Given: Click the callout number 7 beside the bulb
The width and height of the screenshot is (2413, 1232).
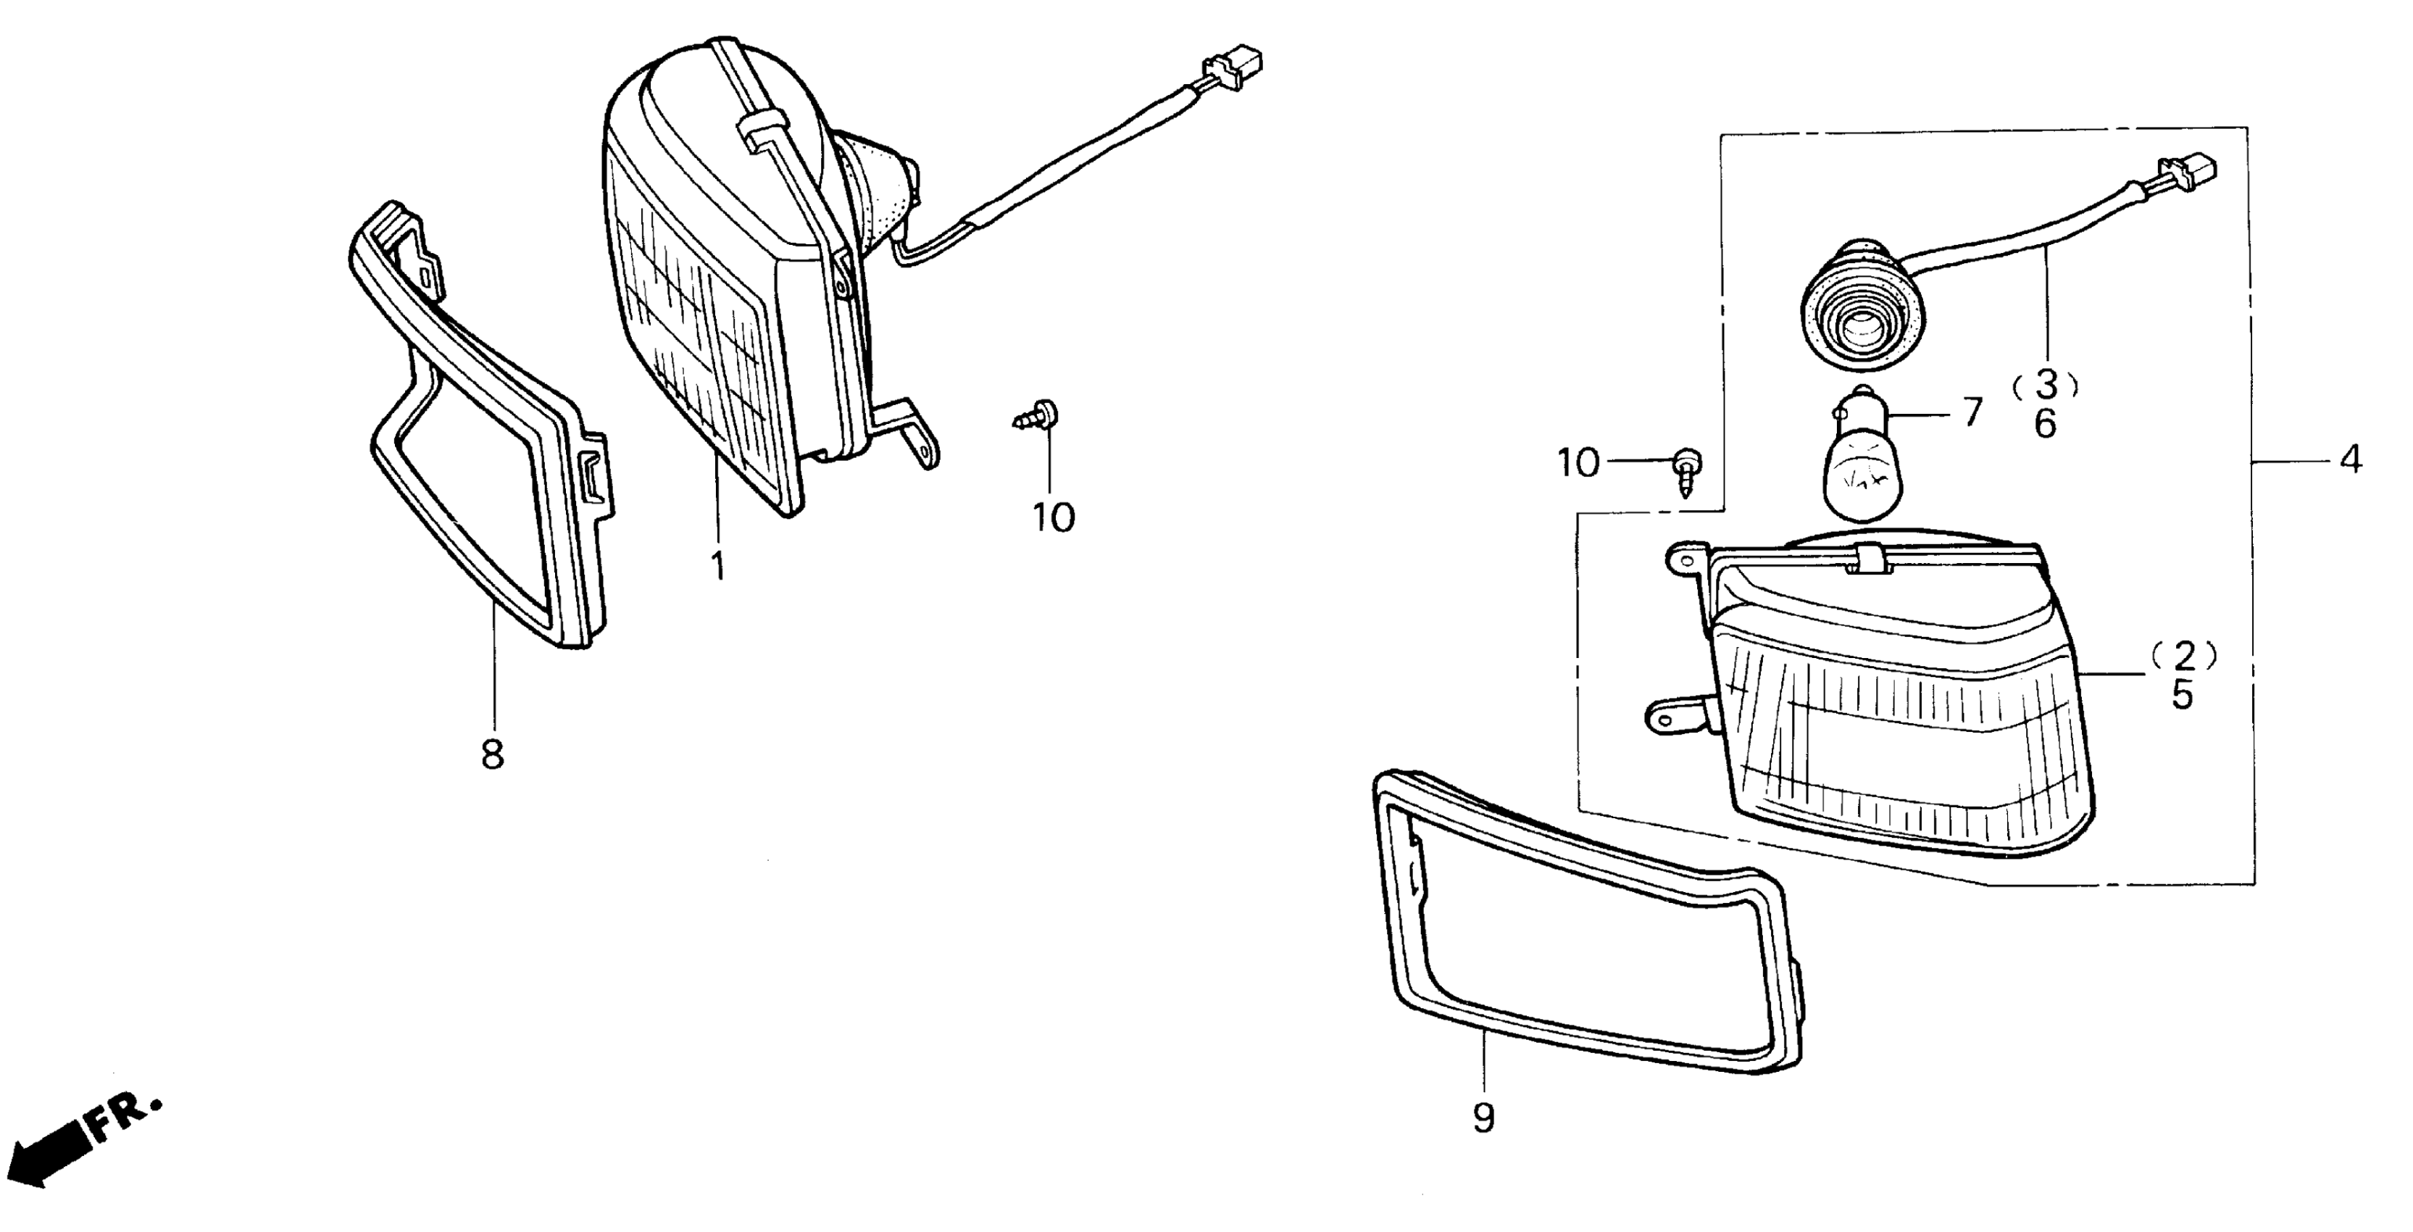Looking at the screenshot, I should tap(1972, 412).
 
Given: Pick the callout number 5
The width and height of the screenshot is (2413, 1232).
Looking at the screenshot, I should tap(2183, 695).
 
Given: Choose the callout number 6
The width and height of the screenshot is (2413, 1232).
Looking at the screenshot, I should tap(2046, 425).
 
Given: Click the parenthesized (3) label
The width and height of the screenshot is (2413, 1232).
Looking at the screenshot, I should tap(2046, 384).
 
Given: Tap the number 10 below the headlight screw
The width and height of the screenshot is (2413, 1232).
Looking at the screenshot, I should tap(1054, 517).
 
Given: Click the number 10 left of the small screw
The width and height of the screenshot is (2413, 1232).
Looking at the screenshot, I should tap(1578, 463).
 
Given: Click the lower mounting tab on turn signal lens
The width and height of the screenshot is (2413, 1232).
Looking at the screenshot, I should tap(1677, 717).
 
